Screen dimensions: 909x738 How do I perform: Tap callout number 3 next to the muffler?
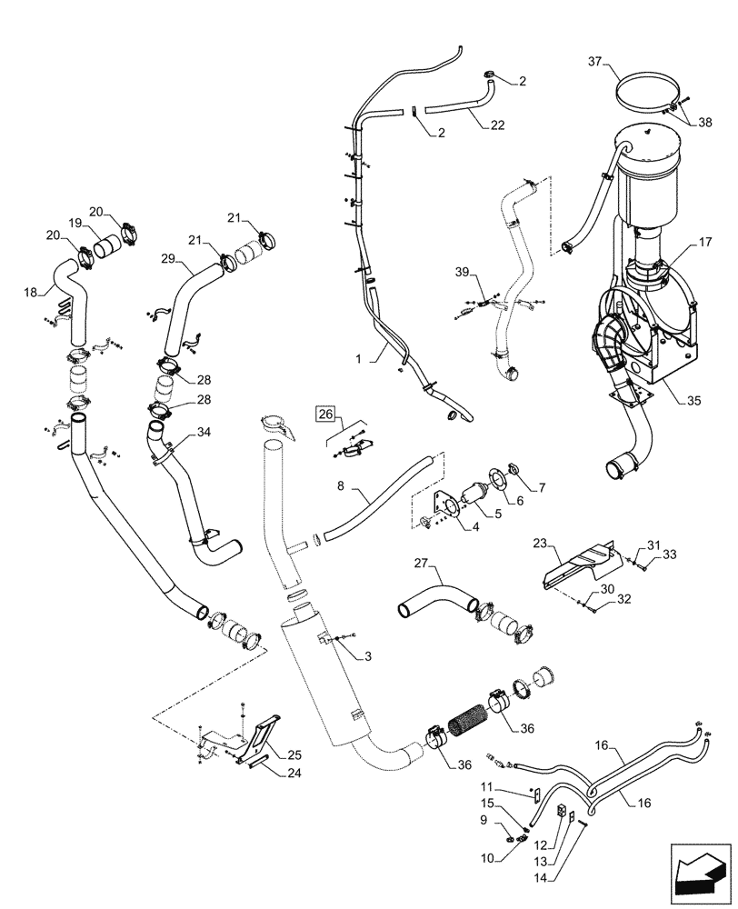pyautogui.click(x=367, y=655)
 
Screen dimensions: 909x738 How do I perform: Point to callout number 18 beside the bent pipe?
pyautogui.click(x=32, y=293)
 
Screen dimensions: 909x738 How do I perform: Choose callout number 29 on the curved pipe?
pyautogui.click(x=167, y=259)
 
